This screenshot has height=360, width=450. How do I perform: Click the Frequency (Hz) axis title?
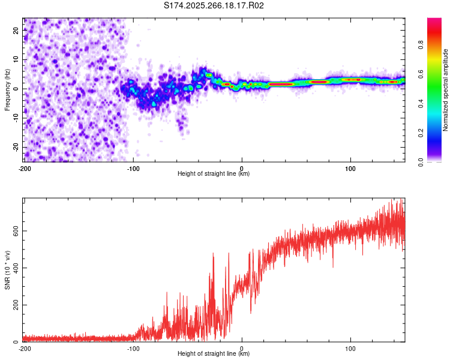click(x=7, y=90)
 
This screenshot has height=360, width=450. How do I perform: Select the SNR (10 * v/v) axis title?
click(x=7, y=271)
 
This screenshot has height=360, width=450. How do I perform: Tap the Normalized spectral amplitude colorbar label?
click(x=445, y=90)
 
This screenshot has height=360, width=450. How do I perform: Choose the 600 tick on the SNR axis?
click(x=14, y=231)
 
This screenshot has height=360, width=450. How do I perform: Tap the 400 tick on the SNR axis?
click(x=14, y=268)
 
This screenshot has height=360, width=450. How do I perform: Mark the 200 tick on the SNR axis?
click(x=14, y=305)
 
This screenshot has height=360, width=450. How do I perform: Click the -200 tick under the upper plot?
click(x=25, y=169)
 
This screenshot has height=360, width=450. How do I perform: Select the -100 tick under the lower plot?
click(x=133, y=348)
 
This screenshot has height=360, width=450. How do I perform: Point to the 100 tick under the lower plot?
click(x=350, y=348)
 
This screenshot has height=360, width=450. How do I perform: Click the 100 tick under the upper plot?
click(x=350, y=169)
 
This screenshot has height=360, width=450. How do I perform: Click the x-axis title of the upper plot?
click(x=214, y=174)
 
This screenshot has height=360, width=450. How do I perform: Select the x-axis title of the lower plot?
click(x=214, y=354)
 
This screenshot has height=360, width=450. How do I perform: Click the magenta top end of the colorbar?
click(x=434, y=22)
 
